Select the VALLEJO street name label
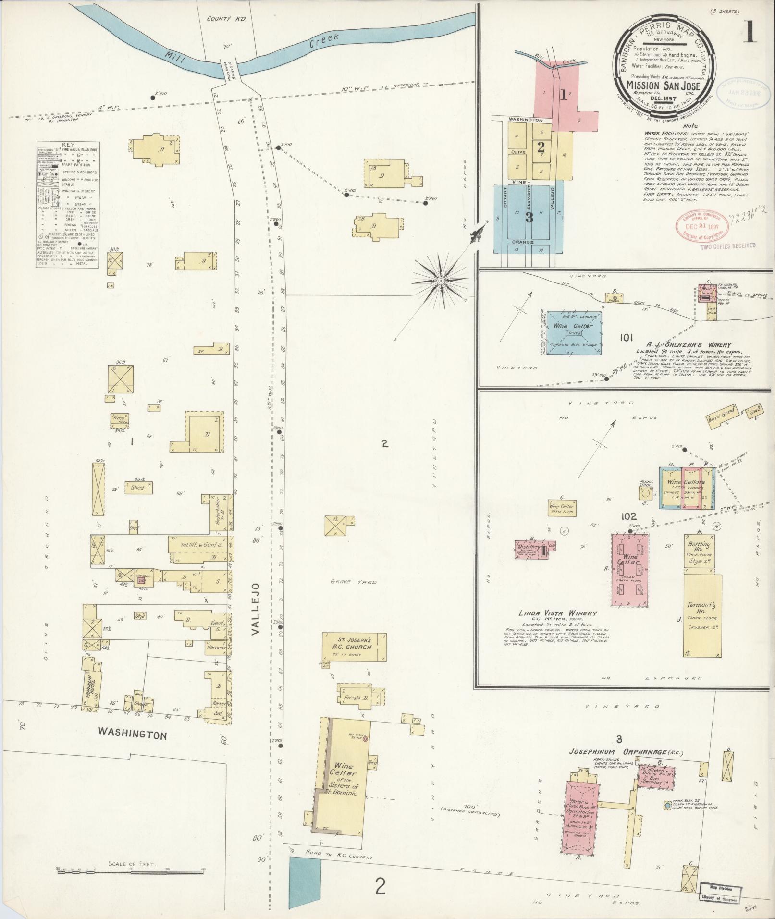pos(256,610)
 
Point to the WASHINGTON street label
pos(133,748)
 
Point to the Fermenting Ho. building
pos(702,615)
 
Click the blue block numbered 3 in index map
pos(529,217)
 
